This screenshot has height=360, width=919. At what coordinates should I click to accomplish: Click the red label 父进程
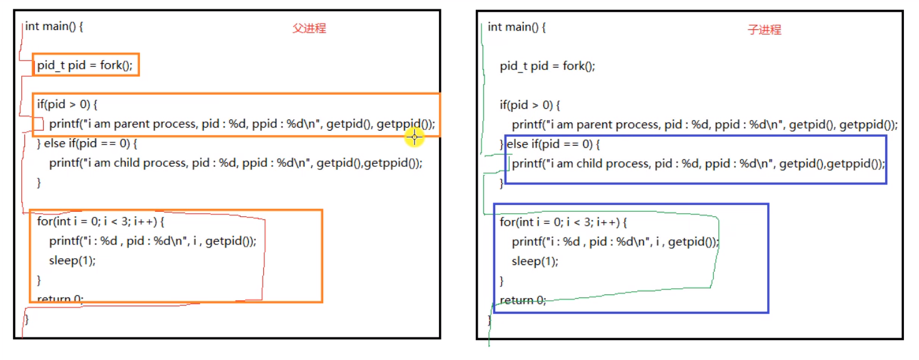point(309,28)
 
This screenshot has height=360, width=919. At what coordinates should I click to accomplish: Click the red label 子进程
point(765,29)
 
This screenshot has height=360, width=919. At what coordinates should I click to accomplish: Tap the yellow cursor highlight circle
point(414,137)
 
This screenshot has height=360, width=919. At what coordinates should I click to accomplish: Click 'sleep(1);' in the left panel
point(73,261)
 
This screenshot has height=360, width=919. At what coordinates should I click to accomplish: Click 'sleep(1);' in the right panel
point(535,261)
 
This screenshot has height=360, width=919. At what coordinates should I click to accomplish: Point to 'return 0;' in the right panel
point(523,300)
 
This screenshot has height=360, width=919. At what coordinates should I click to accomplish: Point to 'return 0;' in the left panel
point(60,299)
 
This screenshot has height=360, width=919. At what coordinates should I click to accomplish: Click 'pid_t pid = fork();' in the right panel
point(547,66)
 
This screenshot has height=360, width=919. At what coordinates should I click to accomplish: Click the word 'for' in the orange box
point(44,222)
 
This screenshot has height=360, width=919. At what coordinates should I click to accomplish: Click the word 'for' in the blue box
point(507,222)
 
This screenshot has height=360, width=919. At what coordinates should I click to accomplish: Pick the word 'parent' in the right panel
point(594,124)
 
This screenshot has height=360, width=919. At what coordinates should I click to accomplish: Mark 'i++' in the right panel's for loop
point(606,222)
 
